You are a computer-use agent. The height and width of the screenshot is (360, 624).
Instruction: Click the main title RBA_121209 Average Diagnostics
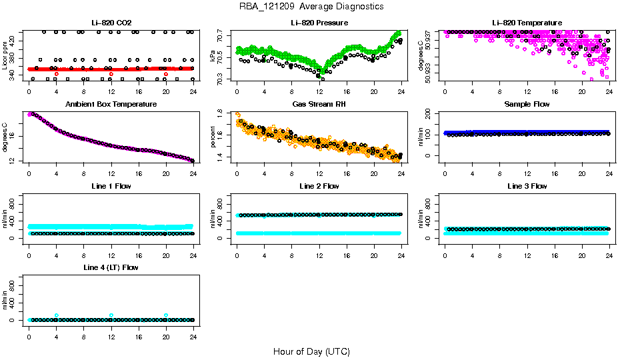click(x=311, y=7)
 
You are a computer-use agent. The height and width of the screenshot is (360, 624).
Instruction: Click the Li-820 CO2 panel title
click(x=111, y=23)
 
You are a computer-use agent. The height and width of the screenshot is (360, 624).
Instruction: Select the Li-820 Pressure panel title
click(x=319, y=23)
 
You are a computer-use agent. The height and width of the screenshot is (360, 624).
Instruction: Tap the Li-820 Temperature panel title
click(x=527, y=23)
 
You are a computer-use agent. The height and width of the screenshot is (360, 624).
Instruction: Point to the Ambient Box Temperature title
click(x=111, y=105)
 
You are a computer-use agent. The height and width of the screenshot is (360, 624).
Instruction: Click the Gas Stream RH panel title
click(x=319, y=105)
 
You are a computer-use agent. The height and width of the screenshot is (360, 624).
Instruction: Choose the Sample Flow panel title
click(x=527, y=105)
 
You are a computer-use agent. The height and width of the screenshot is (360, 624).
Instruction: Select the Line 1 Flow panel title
click(x=111, y=186)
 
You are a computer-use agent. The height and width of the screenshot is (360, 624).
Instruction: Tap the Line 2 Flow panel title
click(x=319, y=186)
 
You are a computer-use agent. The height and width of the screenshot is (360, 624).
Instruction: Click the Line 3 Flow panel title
click(x=527, y=186)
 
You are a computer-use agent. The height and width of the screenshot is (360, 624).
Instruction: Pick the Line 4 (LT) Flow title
click(x=111, y=267)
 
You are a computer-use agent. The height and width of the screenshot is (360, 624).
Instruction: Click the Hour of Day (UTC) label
click(x=311, y=351)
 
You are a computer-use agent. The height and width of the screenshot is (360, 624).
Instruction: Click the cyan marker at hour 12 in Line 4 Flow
click(x=111, y=315)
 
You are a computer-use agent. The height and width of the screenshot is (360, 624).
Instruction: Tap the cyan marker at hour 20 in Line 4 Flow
click(x=166, y=315)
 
